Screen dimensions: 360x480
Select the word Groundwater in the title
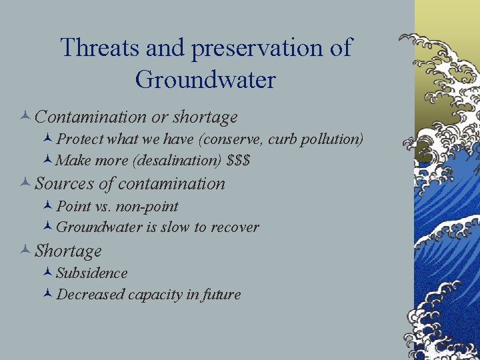[x=205, y=79]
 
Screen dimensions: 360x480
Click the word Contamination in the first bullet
[x=91, y=117]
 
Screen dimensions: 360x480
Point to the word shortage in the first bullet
[x=205, y=117]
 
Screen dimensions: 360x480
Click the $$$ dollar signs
[x=238, y=161]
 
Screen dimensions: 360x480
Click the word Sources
[x=62, y=183]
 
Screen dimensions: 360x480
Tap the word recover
[x=235, y=227]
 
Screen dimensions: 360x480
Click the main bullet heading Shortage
[x=68, y=251]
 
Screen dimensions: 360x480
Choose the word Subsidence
[x=92, y=273]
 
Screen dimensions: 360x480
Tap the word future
[x=222, y=295]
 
